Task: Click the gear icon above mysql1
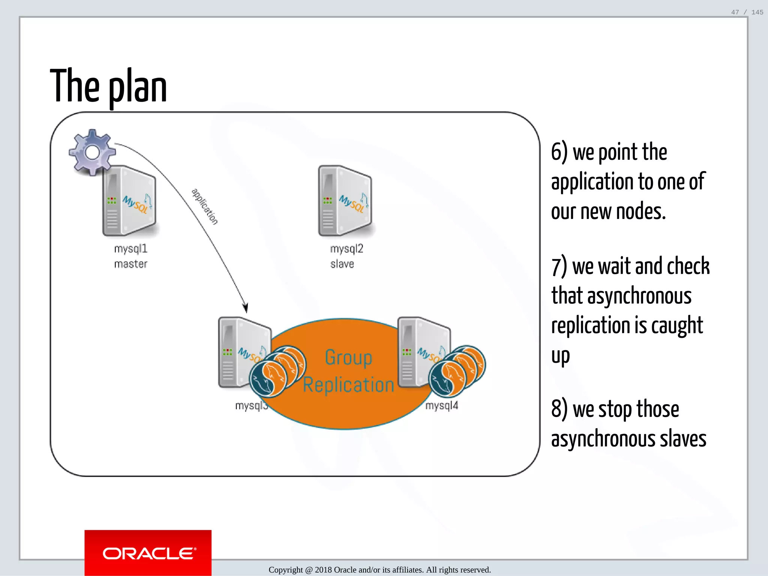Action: click(92, 152)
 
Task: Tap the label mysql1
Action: click(131, 249)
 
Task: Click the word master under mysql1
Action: click(131, 264)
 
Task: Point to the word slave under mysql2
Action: click(342, 264)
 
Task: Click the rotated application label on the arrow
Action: click(205, 206)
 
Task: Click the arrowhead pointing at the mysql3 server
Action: click(246, 308)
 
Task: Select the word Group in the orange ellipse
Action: click(348, 357)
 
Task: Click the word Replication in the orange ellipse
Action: click(348, 385)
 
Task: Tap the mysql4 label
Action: click(442, 406)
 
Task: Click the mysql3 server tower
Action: click(240, 352)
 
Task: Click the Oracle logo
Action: click(148, 553)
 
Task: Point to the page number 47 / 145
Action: click(747, 12)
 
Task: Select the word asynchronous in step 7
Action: click(639, 295)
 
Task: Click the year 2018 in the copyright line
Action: click(323, 570)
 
